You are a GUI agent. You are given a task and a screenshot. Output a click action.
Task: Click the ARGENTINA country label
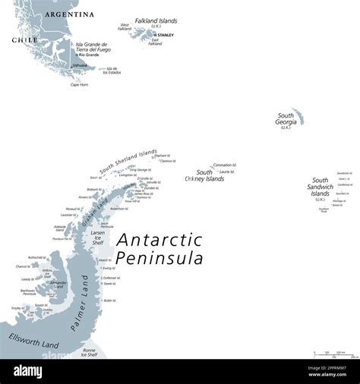point(69,14)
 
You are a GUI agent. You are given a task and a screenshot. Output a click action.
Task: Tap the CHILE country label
point(24,39)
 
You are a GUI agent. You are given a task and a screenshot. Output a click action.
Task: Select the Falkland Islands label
point(156,20)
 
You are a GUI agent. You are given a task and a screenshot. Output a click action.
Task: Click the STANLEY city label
point(165,35)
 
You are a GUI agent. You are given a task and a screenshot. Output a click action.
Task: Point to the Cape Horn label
point(80,84)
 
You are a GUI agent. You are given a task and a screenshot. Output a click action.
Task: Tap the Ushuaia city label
point(79,65)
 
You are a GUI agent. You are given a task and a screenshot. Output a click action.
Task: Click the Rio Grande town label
point(88,55)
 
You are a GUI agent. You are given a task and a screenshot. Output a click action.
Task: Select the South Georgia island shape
point(298,116)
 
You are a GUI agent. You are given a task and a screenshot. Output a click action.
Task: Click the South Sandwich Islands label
point(320,187)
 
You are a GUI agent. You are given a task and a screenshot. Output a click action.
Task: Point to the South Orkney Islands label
point(205,175)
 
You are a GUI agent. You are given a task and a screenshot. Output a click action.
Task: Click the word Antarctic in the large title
point(159,240)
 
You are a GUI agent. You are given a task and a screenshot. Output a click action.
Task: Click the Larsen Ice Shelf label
point(98,237)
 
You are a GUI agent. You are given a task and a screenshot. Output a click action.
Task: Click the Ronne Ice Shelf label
point(89,352)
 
